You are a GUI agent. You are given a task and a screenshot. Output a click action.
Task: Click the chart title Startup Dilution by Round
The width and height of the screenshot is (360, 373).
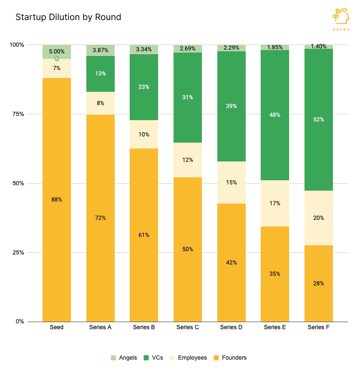click(68, 17)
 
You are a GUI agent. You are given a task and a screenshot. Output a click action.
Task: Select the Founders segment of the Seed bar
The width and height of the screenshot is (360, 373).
click(57, 199)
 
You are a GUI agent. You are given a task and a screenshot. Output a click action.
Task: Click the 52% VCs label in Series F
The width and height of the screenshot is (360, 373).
click(319, 119)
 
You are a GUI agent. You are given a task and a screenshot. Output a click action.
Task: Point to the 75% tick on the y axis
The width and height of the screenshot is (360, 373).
click(17, 114)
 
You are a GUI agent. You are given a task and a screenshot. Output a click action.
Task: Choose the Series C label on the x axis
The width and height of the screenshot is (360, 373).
click(188, 328)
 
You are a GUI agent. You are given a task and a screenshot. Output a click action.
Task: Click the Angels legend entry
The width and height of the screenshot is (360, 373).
click(124, 358)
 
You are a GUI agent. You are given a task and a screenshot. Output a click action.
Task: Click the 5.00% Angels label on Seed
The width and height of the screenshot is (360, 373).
click(57, 52)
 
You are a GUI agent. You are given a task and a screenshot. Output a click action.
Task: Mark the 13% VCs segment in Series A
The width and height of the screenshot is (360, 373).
click(101, 74)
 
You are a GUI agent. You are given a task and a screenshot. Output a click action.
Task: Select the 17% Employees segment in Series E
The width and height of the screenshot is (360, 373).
click(275, 203)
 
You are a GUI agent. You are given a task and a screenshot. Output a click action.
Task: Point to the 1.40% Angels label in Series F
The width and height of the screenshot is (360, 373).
click(319, 47)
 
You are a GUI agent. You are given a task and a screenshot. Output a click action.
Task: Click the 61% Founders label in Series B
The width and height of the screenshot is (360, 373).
click(144, 235)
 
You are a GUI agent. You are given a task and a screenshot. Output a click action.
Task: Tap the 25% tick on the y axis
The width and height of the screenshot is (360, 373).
click(17, 252)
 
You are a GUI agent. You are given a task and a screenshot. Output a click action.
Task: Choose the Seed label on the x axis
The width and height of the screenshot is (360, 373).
click(57, 328)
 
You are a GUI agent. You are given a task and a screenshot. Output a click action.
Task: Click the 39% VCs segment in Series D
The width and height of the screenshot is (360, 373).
click(232, 106)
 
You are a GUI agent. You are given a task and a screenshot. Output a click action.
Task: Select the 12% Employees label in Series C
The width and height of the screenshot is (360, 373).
click(188, 160)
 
